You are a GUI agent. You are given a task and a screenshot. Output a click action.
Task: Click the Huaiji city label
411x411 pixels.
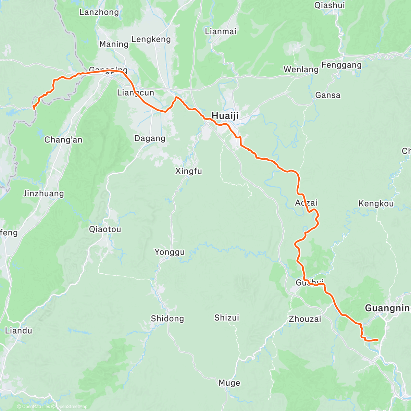(x=225, y=116)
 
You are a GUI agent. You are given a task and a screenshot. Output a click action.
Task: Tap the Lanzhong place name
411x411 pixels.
(x=99, y=12)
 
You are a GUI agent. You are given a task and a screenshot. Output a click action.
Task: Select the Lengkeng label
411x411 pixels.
(x=151, y=39)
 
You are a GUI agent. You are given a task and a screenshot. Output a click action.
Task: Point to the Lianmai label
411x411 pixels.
(x=221, y=32)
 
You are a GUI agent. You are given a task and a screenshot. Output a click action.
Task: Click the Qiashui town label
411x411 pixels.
(x=329, y=5)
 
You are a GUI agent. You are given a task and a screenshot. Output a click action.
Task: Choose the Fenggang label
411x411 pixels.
(x=341, y=65)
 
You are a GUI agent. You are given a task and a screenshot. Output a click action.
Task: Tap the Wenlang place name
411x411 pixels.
(x=301, y=70)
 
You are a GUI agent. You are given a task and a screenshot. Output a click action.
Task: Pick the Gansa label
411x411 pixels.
(x=328, y=95)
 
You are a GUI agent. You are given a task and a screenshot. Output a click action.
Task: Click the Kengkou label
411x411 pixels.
(x=376, y=204)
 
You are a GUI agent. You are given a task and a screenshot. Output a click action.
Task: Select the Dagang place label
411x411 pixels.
(x=150, y=138)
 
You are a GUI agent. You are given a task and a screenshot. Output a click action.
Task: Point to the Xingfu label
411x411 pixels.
(x=188, y=171)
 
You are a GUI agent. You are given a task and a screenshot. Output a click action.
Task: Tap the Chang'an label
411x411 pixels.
(x=63, y=140)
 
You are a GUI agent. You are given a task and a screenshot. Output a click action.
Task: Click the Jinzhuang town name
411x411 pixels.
(x=43, y=194)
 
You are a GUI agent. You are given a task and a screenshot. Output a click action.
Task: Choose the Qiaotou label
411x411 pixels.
(x=105, y=229)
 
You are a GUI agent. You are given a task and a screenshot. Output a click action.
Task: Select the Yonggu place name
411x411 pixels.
(x=169, y=252)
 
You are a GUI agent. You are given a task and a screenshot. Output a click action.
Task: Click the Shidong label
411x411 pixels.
(x=167, y=319)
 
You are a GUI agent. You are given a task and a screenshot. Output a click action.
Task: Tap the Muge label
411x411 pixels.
(x=229, y=383)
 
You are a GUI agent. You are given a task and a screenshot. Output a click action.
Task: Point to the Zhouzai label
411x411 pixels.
(x=305, y=319)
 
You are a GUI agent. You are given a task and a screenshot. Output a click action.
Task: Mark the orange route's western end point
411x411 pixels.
(x=34, y=108)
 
